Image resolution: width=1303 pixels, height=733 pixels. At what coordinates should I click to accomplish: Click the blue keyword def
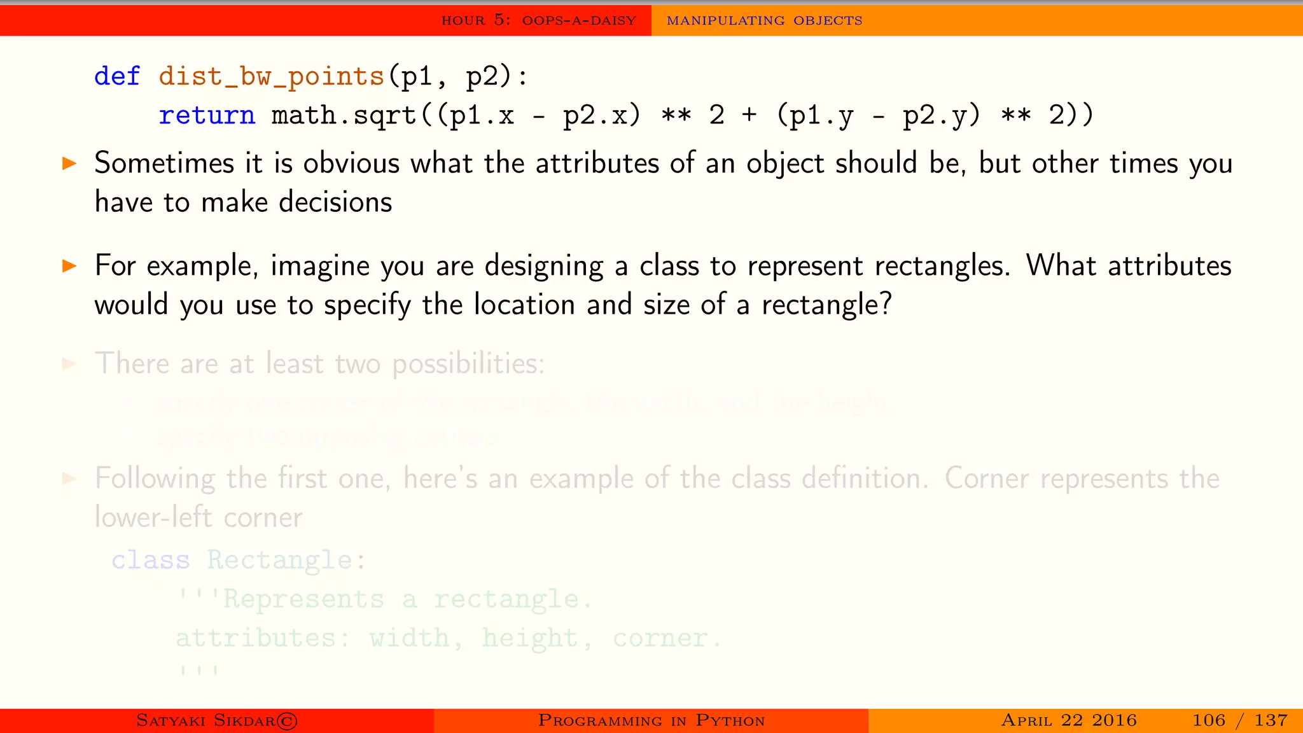[117, 76]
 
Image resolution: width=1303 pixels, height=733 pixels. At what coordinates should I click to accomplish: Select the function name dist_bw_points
[272, 77]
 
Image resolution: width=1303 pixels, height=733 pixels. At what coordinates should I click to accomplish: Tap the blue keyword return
[207, 116]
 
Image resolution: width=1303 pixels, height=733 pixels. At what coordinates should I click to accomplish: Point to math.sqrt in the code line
[344, 116]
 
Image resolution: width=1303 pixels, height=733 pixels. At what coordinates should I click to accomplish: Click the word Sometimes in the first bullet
[165, 164]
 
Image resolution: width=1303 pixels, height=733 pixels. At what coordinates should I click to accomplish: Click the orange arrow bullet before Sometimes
[69, 164]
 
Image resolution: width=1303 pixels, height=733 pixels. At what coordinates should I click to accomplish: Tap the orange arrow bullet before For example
[69, 265]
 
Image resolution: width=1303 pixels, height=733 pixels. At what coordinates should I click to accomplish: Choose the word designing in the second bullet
[544, 267]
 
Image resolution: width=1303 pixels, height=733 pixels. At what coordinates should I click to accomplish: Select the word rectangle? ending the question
[826, 305]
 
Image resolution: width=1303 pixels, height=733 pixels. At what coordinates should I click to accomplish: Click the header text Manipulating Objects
[764, 20]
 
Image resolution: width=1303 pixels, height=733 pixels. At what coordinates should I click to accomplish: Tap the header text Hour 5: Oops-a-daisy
[539, 20]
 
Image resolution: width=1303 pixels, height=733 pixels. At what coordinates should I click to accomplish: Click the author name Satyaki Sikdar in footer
[216, 720]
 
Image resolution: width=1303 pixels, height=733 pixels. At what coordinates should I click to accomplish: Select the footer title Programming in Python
[651, 720]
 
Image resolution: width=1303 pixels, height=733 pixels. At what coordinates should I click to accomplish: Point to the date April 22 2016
[1068, 720]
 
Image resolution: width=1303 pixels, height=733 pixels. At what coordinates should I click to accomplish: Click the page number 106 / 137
[1239, 720]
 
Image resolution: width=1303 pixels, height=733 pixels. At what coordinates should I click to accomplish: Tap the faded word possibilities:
[468, 365]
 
